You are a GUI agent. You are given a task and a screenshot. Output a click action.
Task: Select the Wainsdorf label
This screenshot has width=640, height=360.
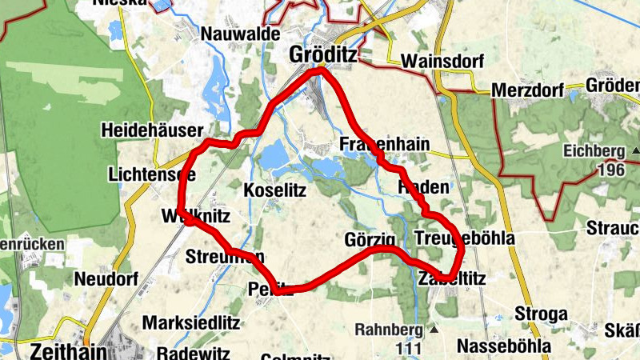pos(438,61)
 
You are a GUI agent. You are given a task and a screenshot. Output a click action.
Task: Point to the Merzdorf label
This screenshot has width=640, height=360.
pos(527,89)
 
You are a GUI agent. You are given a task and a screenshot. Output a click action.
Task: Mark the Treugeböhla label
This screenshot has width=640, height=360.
pos(465,238)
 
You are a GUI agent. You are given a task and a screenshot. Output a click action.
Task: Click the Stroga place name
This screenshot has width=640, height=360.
pos(541,313)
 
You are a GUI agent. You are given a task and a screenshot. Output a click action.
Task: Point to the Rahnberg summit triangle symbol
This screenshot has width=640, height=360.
pos(434,329)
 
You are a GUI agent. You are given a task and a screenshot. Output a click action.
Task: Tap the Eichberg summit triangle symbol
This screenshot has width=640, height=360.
pos(635,150)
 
